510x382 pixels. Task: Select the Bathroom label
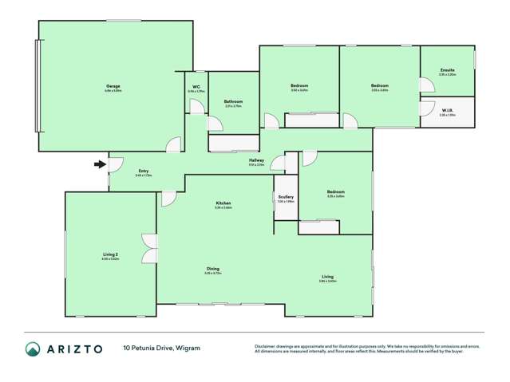233,101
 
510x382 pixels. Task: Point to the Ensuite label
447,70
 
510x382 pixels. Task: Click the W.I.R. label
447,112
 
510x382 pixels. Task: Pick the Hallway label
256,160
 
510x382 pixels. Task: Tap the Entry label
144,171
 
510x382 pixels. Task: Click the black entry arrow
100,165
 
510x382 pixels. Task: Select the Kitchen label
223,204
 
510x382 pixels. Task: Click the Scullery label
286,197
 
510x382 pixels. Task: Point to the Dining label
213,269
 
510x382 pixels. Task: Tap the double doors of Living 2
148,246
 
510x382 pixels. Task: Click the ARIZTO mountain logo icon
33,349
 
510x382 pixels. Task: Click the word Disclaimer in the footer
267,345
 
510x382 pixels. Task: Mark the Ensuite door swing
425,85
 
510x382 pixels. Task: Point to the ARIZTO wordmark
74,349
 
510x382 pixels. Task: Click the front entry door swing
115,163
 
